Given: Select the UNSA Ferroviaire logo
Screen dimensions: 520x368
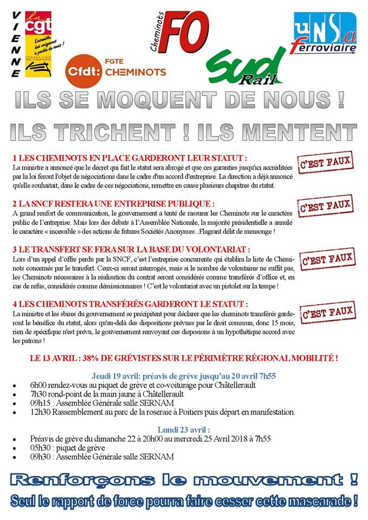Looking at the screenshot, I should pyautogui.click(x=324, y=34).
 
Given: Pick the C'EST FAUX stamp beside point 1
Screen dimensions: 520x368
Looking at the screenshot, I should pyautogui.click(x=326, y=161).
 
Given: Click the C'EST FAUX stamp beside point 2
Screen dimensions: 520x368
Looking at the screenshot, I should pyautogui.click(x=326, y=206).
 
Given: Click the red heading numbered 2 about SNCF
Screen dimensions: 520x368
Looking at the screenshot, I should pyautogui.click(x=113, y=204).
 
